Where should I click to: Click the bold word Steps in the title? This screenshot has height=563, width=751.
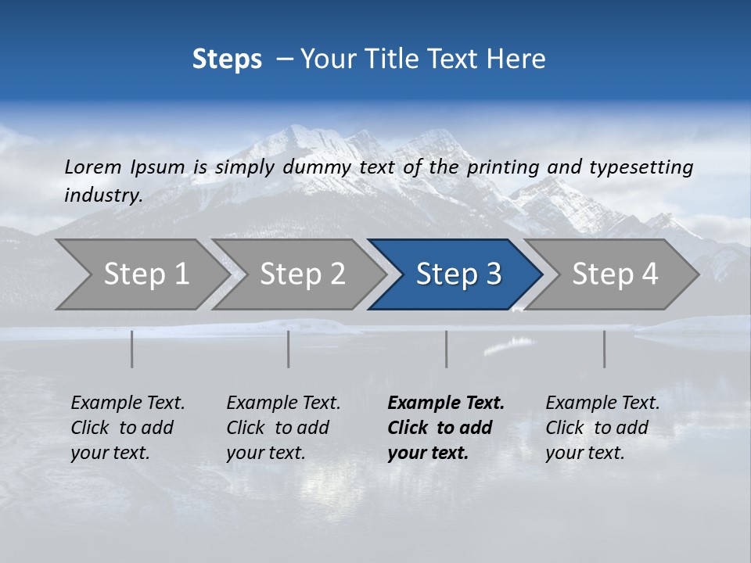pos(227,59)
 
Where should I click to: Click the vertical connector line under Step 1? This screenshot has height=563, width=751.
pos(132,349)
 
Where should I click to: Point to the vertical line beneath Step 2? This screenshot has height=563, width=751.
pos(289,349)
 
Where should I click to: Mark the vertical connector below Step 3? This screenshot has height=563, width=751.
pos(447,349)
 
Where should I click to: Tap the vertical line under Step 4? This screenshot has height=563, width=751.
pos(605,349)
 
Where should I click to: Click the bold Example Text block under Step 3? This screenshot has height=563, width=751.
pos(446,428)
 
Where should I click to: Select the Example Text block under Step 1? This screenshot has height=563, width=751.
pos(128,428)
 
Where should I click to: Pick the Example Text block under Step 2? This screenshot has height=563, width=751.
pos(283,428)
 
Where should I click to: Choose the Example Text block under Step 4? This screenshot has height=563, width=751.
pos(602,428)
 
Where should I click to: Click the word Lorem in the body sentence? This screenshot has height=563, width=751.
pos(93,167)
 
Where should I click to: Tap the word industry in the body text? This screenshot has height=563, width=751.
pos(103,195)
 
